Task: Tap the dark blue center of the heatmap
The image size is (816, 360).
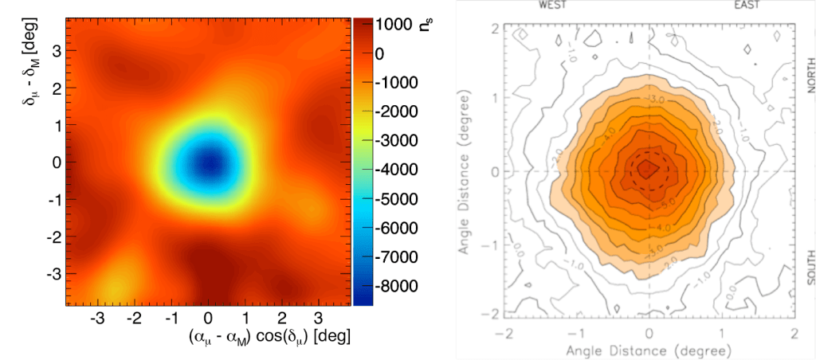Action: (x=209, y=162)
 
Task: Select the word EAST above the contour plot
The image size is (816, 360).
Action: (x=747, y=4)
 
